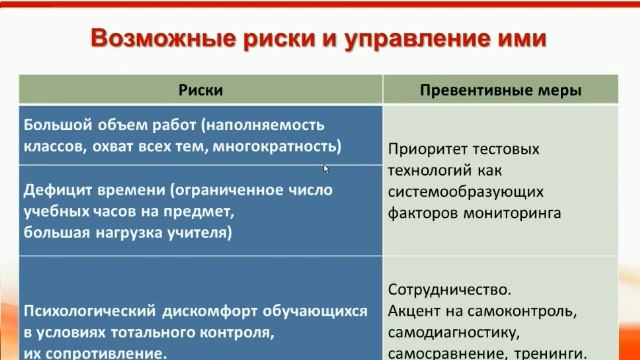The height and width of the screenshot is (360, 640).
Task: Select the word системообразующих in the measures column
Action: [x=458, y=191]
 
